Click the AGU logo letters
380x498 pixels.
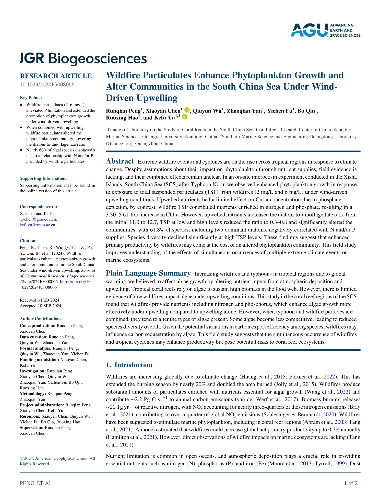click(x=309, y=30)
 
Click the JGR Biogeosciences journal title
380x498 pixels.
click(x=83, y=58)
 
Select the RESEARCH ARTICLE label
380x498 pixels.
click(x=56, y=76)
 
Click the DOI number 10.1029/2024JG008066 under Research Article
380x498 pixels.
click(x=47, y=85)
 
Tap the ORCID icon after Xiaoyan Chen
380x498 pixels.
click(x=187, y=110)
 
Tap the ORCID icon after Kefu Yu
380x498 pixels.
click(x=185, y=117)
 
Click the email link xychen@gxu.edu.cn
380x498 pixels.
click(x=38, y=219)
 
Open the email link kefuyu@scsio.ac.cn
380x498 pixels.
click(x=38, y=225)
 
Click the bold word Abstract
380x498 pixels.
click(x=120, y=161)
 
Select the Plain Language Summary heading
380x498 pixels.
click(x=148, y=273)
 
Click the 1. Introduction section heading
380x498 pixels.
click(x=129, y=365)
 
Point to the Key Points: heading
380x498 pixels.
click(x=31, y=98)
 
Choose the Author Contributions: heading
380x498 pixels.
click(x=41, y=319)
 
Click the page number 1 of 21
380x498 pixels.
click(x=352, y=483)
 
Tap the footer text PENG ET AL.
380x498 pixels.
click(x=37, y=483)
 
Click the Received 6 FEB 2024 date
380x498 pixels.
click(x=39, y=300)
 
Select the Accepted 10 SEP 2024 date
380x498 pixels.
click(x=40, y=306)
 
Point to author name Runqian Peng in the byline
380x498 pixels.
click(x=123, y=111)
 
